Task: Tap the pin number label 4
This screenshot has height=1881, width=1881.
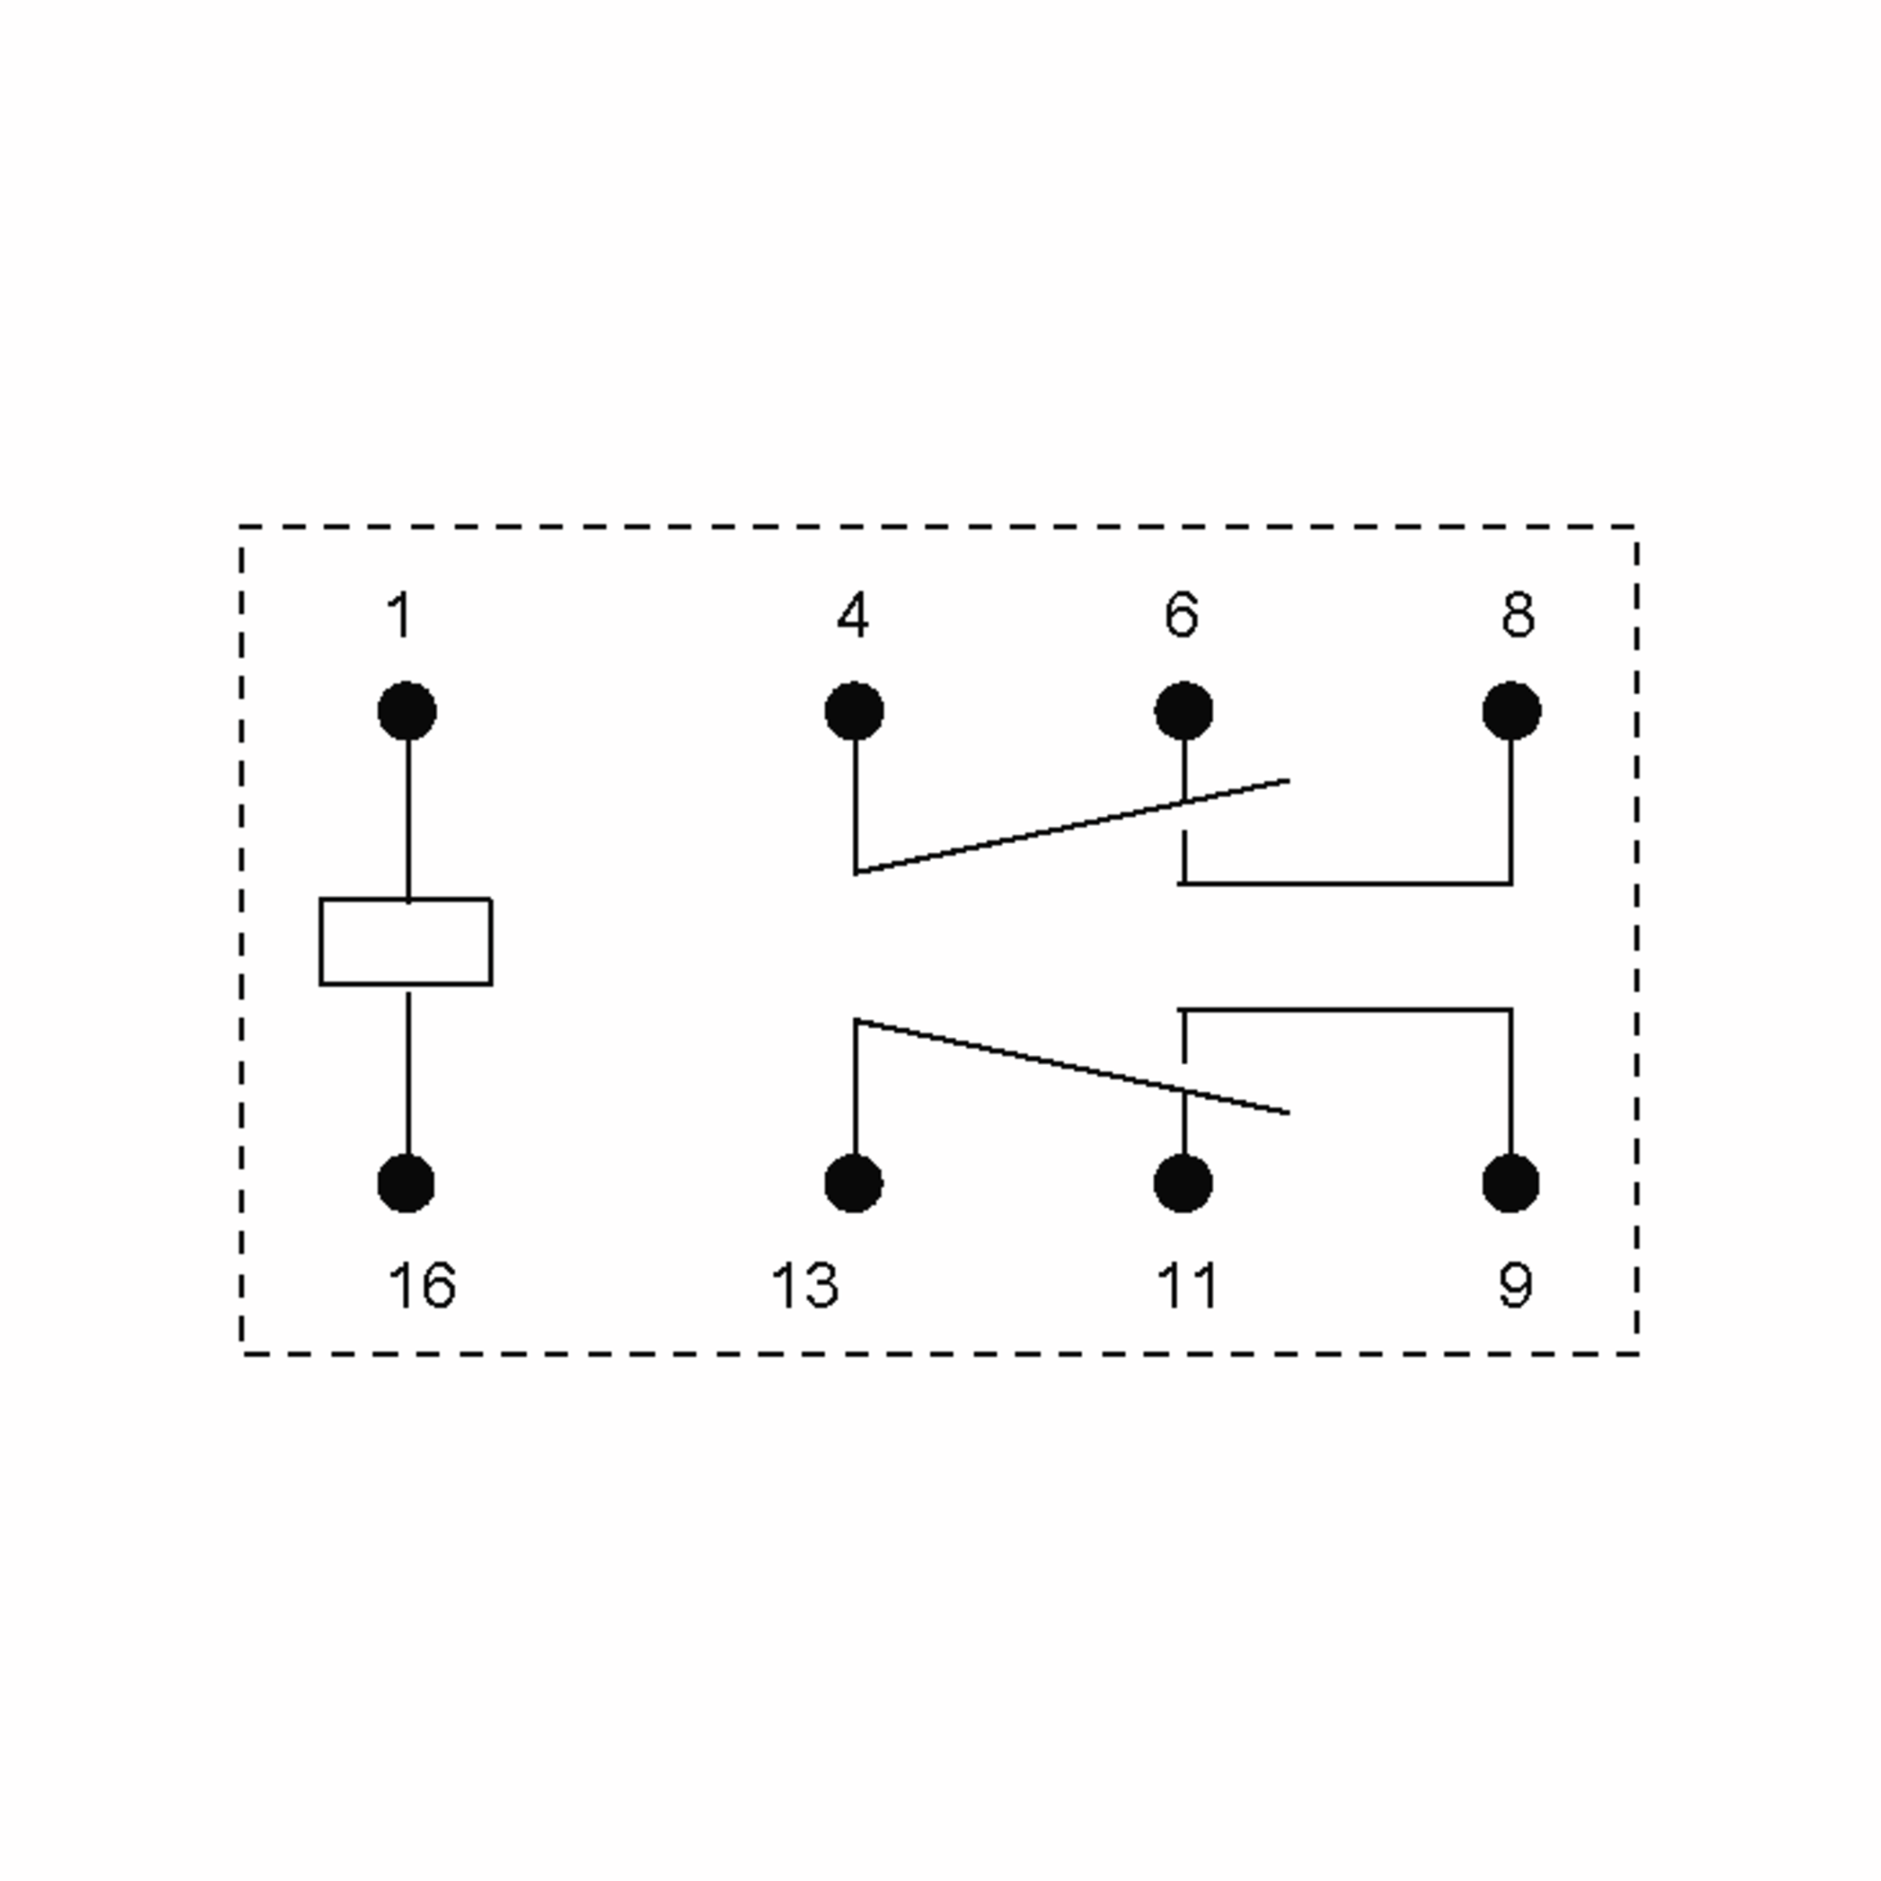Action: (x=853, y=615)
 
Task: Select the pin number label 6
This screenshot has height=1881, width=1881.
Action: (x=1181, y=615)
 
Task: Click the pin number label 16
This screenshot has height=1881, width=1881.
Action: (x=422, y=1285)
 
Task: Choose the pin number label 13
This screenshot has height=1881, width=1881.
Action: (x=804, y=1285)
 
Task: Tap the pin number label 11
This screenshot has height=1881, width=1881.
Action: (x=1187, y=1285)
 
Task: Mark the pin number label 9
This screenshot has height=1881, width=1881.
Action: (x=1515, y=1285)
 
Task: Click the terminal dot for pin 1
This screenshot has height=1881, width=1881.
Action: (x=407, y=712)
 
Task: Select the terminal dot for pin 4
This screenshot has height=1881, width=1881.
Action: (x=854, y=712)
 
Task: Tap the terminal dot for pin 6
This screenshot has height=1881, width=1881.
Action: (x=1184, y=712)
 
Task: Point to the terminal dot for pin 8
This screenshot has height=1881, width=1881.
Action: (x=1512, y=712)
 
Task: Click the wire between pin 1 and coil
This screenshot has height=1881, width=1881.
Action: (x=408, y=820)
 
